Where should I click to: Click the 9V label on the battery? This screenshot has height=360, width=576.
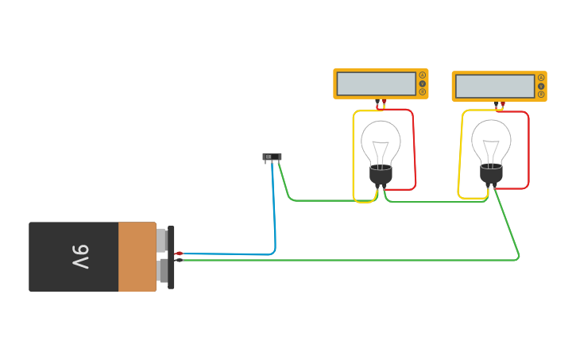(x=80, y=257)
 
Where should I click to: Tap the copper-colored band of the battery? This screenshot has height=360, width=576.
(x=137, y=257)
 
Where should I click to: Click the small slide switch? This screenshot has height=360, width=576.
(x=272, y=157)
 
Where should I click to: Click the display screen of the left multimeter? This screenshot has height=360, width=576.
(x=376, y=83)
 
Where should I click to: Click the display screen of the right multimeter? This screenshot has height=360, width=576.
(x=494, y=86)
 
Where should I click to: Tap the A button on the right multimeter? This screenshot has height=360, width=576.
(x=541, y=78)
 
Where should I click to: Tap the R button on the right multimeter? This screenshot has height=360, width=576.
(x=541, y=95)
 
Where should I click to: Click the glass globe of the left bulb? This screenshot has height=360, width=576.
(x=381, y=141)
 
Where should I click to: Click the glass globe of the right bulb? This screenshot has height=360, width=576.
(x=491, y=141)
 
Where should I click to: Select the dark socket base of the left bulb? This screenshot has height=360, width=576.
(x=381, y=176)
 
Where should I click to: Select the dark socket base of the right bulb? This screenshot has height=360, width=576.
(x=491, y=174)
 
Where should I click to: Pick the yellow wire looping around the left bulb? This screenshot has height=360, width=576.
(x=354, y=159)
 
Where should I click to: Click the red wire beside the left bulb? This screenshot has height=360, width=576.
(x=414, y=151)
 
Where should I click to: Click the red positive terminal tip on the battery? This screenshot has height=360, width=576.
(x=178, y=254)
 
